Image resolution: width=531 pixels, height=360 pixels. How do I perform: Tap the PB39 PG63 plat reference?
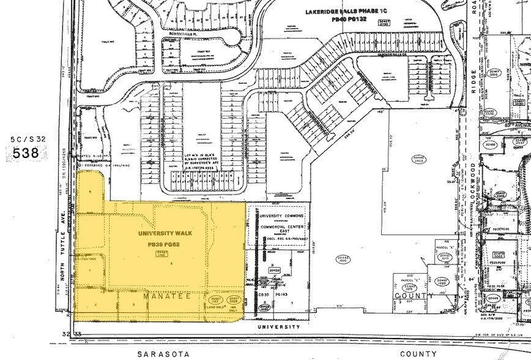(163, 244)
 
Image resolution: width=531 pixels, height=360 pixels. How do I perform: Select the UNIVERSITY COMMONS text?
(283, 216)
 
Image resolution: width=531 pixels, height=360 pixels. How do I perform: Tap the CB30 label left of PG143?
(264, 294)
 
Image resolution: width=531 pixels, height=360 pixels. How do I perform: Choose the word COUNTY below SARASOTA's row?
(420, 354)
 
